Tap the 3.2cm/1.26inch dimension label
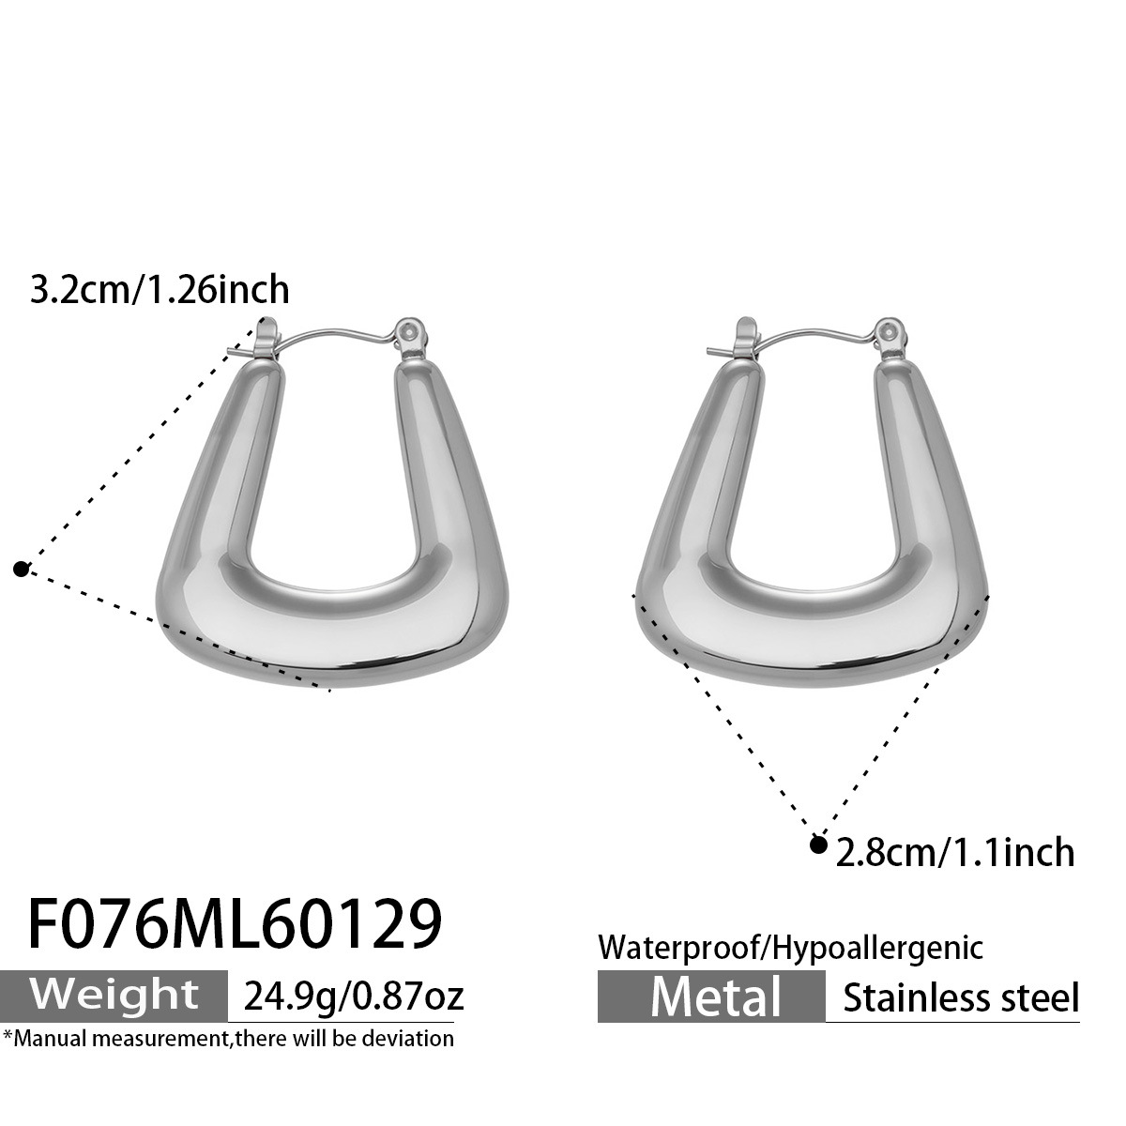pos(160,289)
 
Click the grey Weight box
pos(114,995)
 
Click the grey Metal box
pos(712,996)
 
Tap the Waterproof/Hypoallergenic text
pos(791,947)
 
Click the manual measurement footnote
pos(229,1038)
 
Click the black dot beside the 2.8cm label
pos(818,845)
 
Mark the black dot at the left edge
pos(22,568)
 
